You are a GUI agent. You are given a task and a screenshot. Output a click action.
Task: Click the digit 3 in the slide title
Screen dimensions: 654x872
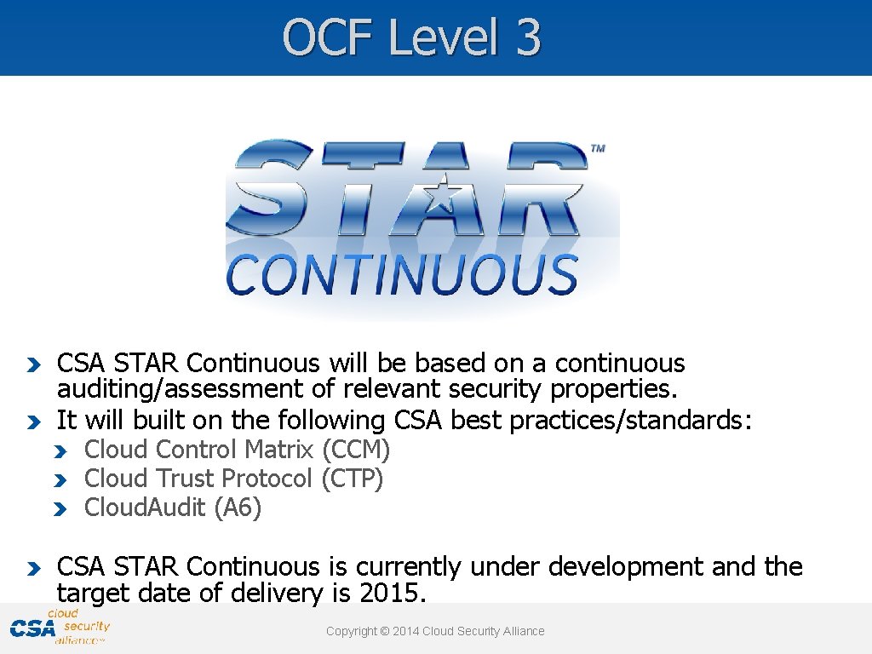click(x=526, y=38)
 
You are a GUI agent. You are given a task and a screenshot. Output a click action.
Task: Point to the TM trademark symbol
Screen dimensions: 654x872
click(x=598, y=149)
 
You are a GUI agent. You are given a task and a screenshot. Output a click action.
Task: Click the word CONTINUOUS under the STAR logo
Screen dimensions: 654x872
click(x=402, y=275)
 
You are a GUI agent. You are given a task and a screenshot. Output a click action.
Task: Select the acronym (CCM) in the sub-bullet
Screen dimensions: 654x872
click(x=356, y=450)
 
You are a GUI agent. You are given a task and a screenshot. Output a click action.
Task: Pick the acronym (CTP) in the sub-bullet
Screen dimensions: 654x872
click(x=353, y=479)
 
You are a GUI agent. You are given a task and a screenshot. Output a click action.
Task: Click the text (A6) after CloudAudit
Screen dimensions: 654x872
click(x=238, y=508)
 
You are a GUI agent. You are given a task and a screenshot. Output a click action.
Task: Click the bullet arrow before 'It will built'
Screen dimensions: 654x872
click(x=32, y=422)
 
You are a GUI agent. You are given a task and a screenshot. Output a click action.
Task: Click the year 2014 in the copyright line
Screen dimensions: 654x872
click(x=408, y=631)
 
